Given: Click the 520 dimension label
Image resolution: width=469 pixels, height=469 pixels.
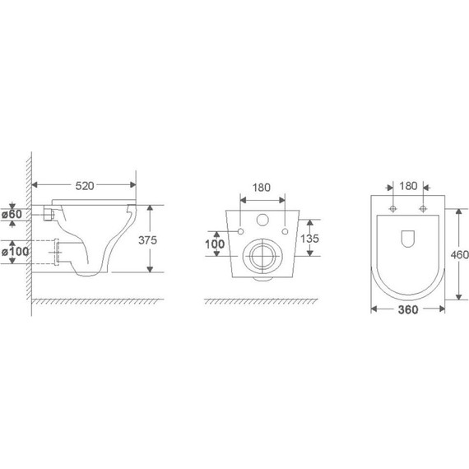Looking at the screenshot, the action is (x=85, y=186).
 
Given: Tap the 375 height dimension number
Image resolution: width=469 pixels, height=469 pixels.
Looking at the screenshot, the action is (x=147, y=240).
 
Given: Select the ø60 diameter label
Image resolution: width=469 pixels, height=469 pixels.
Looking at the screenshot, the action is (x=12, y=214).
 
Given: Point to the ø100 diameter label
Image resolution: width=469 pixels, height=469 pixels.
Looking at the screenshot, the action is (x=16, y=252).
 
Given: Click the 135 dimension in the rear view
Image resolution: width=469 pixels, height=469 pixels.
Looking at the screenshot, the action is (x=309, y=239).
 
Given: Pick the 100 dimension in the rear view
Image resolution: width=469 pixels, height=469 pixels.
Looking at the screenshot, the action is (x=215, y=244).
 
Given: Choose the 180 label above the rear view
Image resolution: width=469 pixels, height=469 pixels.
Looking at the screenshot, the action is (x=262, y=188).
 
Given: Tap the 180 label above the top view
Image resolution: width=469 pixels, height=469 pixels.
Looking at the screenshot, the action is (x=408, y=186).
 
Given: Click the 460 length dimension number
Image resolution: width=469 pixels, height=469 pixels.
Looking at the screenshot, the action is (x=460, y=255).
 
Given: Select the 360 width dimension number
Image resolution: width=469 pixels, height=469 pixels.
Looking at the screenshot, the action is (x=408, y=309).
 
